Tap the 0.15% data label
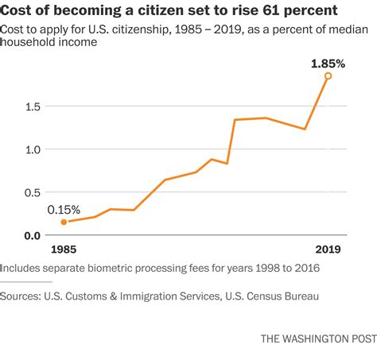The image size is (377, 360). (x=64, y=210)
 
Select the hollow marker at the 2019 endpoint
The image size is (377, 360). (x=328, y=76)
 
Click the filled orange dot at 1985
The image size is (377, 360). (x=64, y=223)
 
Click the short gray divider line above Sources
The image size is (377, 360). (x=26, y=281)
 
